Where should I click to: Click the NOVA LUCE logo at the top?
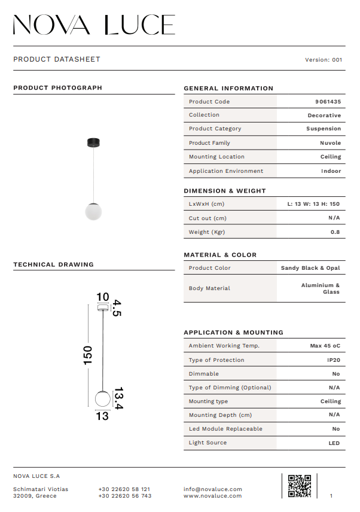pyautogui.click(x=94, y=25)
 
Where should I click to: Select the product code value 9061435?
pyautogui.click(x=328, y=102)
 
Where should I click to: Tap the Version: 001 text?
pyautogui.click(x=324, y=60)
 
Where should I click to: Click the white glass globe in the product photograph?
pyautogui.click(x=93, y=211)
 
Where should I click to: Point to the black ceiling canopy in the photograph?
pyautogui.click(x=93, y=142)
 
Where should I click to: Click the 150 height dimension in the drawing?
pyautogui.click(x=88, y=355)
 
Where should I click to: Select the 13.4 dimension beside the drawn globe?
pyautogui.click(x=118, y=398)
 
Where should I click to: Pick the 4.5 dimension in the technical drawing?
pyautogui.click(x=117, y=308)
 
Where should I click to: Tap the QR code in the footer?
pyautogui.click(x=300, y=486)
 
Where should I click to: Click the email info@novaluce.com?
pyautogui.click(x=213, y=489)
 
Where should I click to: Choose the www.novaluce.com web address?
pyautogui.click(x=213, y=496)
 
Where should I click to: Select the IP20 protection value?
pyautogui.click(x=334, y=360)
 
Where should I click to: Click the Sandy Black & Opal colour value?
pyautogui.click(x=310, y=268)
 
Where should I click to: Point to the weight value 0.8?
pyautogui.click(x=335, y=232)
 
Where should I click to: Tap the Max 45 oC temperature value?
pyautogui.click(x=325, y=346)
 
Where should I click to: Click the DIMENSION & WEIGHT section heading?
pyautogui.click(x=225, y=191)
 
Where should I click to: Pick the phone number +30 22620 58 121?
pyautogui.click(x=124, y=489)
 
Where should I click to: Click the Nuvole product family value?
pyautogui.click(x=331, y=143)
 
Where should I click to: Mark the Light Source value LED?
pyautogui.click(x=334, y=443)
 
